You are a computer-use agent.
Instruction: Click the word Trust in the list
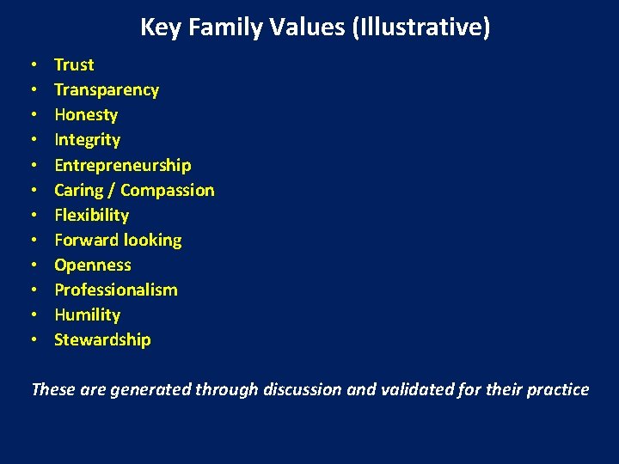coord(74,64)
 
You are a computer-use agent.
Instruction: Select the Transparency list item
coord(107,89)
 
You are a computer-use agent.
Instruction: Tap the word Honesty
coord(86,115)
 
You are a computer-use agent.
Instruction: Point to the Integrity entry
coord(87,140)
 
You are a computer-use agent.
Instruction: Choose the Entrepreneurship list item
coord(123,165)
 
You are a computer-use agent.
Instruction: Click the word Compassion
coord(168,190)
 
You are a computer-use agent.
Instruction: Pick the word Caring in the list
coord(80,190)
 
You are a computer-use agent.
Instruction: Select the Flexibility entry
coord(91,215)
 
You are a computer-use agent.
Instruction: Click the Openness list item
coord(93,265)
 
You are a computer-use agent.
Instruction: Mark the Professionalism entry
coord(116,290)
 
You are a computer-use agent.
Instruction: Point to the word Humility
coord(87,314)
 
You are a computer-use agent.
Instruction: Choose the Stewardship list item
coord(102,339)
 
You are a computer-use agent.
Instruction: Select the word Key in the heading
coord(156,27)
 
